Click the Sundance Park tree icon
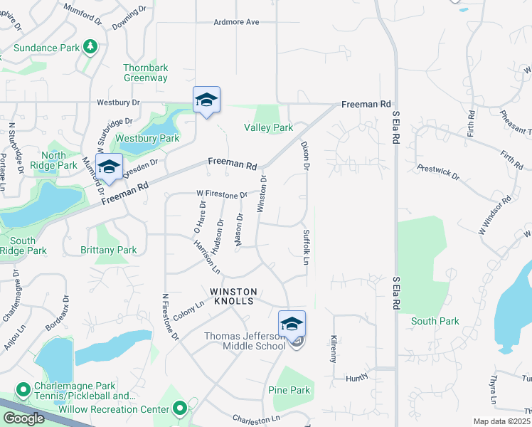(x=90, y=47)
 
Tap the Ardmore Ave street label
(x=236, y=22)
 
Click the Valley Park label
(x=268, y=128)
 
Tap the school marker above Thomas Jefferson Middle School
(x=292, y=325)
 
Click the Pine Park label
(x=289, y=390)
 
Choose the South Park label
(x=435, y=321)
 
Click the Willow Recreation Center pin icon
(x=180, y=408)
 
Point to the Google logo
(x=23, y=418)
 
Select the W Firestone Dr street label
(x=222, y=194)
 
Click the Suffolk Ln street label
(x=307, y=246)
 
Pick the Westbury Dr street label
(x=119, y=102)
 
